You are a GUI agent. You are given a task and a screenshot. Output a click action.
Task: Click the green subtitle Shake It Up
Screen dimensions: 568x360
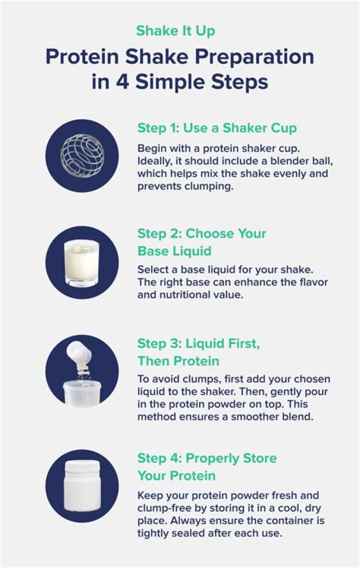click(175, 30)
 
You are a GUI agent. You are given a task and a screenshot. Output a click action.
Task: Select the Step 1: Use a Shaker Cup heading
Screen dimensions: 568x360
click(216, 128)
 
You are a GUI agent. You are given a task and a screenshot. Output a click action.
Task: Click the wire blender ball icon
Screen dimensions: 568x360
click(82, 155)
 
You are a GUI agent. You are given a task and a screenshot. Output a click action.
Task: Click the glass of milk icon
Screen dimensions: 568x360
click(82, 262)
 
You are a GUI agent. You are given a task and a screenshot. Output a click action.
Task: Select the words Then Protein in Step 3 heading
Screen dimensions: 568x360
click(178, 360)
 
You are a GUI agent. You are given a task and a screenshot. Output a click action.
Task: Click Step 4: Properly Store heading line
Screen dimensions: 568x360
click(206, 458)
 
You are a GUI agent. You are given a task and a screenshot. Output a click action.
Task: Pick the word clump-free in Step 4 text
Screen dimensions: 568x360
click(164, 509)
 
